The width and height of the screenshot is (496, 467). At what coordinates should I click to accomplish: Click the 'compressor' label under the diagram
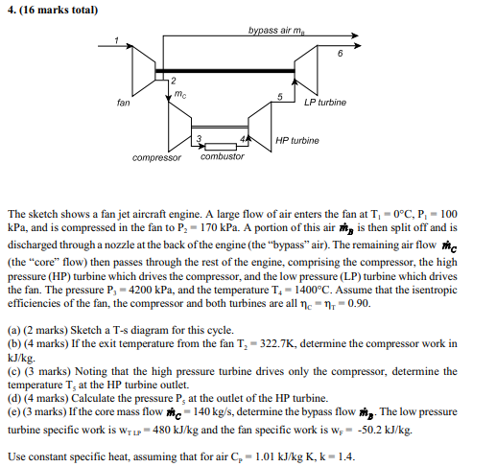[x=157, y=156]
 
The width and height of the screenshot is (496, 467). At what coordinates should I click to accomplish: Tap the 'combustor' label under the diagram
[x=223, y=156]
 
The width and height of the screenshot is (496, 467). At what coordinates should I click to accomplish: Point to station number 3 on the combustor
[x=199, y=140]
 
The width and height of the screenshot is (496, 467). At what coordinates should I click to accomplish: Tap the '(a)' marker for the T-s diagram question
[x=12, y=339]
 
